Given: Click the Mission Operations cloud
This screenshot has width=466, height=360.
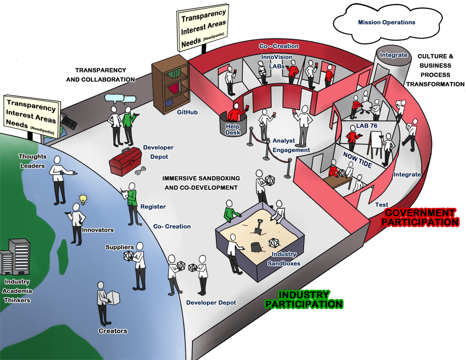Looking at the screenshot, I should pos(386,22).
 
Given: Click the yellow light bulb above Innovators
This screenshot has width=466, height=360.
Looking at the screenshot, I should pos(83,199).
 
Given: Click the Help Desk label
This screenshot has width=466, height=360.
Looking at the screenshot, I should pos(232,129).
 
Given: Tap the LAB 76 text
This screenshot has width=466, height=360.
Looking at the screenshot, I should pos(367,126).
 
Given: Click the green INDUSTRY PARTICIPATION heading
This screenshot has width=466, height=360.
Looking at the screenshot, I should pos(304,299).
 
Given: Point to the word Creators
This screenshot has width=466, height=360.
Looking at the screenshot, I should pos(113,331).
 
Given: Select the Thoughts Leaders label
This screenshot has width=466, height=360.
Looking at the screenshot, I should pos(32,161).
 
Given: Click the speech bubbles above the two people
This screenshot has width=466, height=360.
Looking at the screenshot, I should pos(120,99).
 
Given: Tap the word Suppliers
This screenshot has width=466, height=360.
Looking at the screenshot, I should pos(119,247).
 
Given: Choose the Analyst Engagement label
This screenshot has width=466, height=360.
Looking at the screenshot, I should pos(291,145).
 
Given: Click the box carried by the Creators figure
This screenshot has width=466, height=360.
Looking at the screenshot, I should pos(114,298).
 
